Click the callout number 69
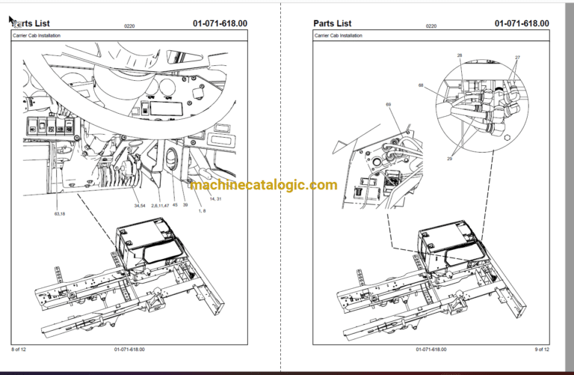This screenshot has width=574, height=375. (388, 104)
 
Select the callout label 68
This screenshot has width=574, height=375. (421, 85)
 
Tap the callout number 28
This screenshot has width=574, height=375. (460, 55)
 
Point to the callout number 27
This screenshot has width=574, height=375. (516, 58)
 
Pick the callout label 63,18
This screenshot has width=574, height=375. (60, 214)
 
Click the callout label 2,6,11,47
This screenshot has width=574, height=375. (159, 204)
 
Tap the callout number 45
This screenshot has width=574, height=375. (175, 204)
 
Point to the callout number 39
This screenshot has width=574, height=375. (185, 204)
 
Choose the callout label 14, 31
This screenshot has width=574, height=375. (216, 198)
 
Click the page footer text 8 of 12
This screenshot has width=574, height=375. (19, 350)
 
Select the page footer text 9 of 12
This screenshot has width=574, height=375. (541, 350)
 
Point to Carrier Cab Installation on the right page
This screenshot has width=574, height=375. (339, 36)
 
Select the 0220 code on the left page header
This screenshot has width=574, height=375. (129, 26)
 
